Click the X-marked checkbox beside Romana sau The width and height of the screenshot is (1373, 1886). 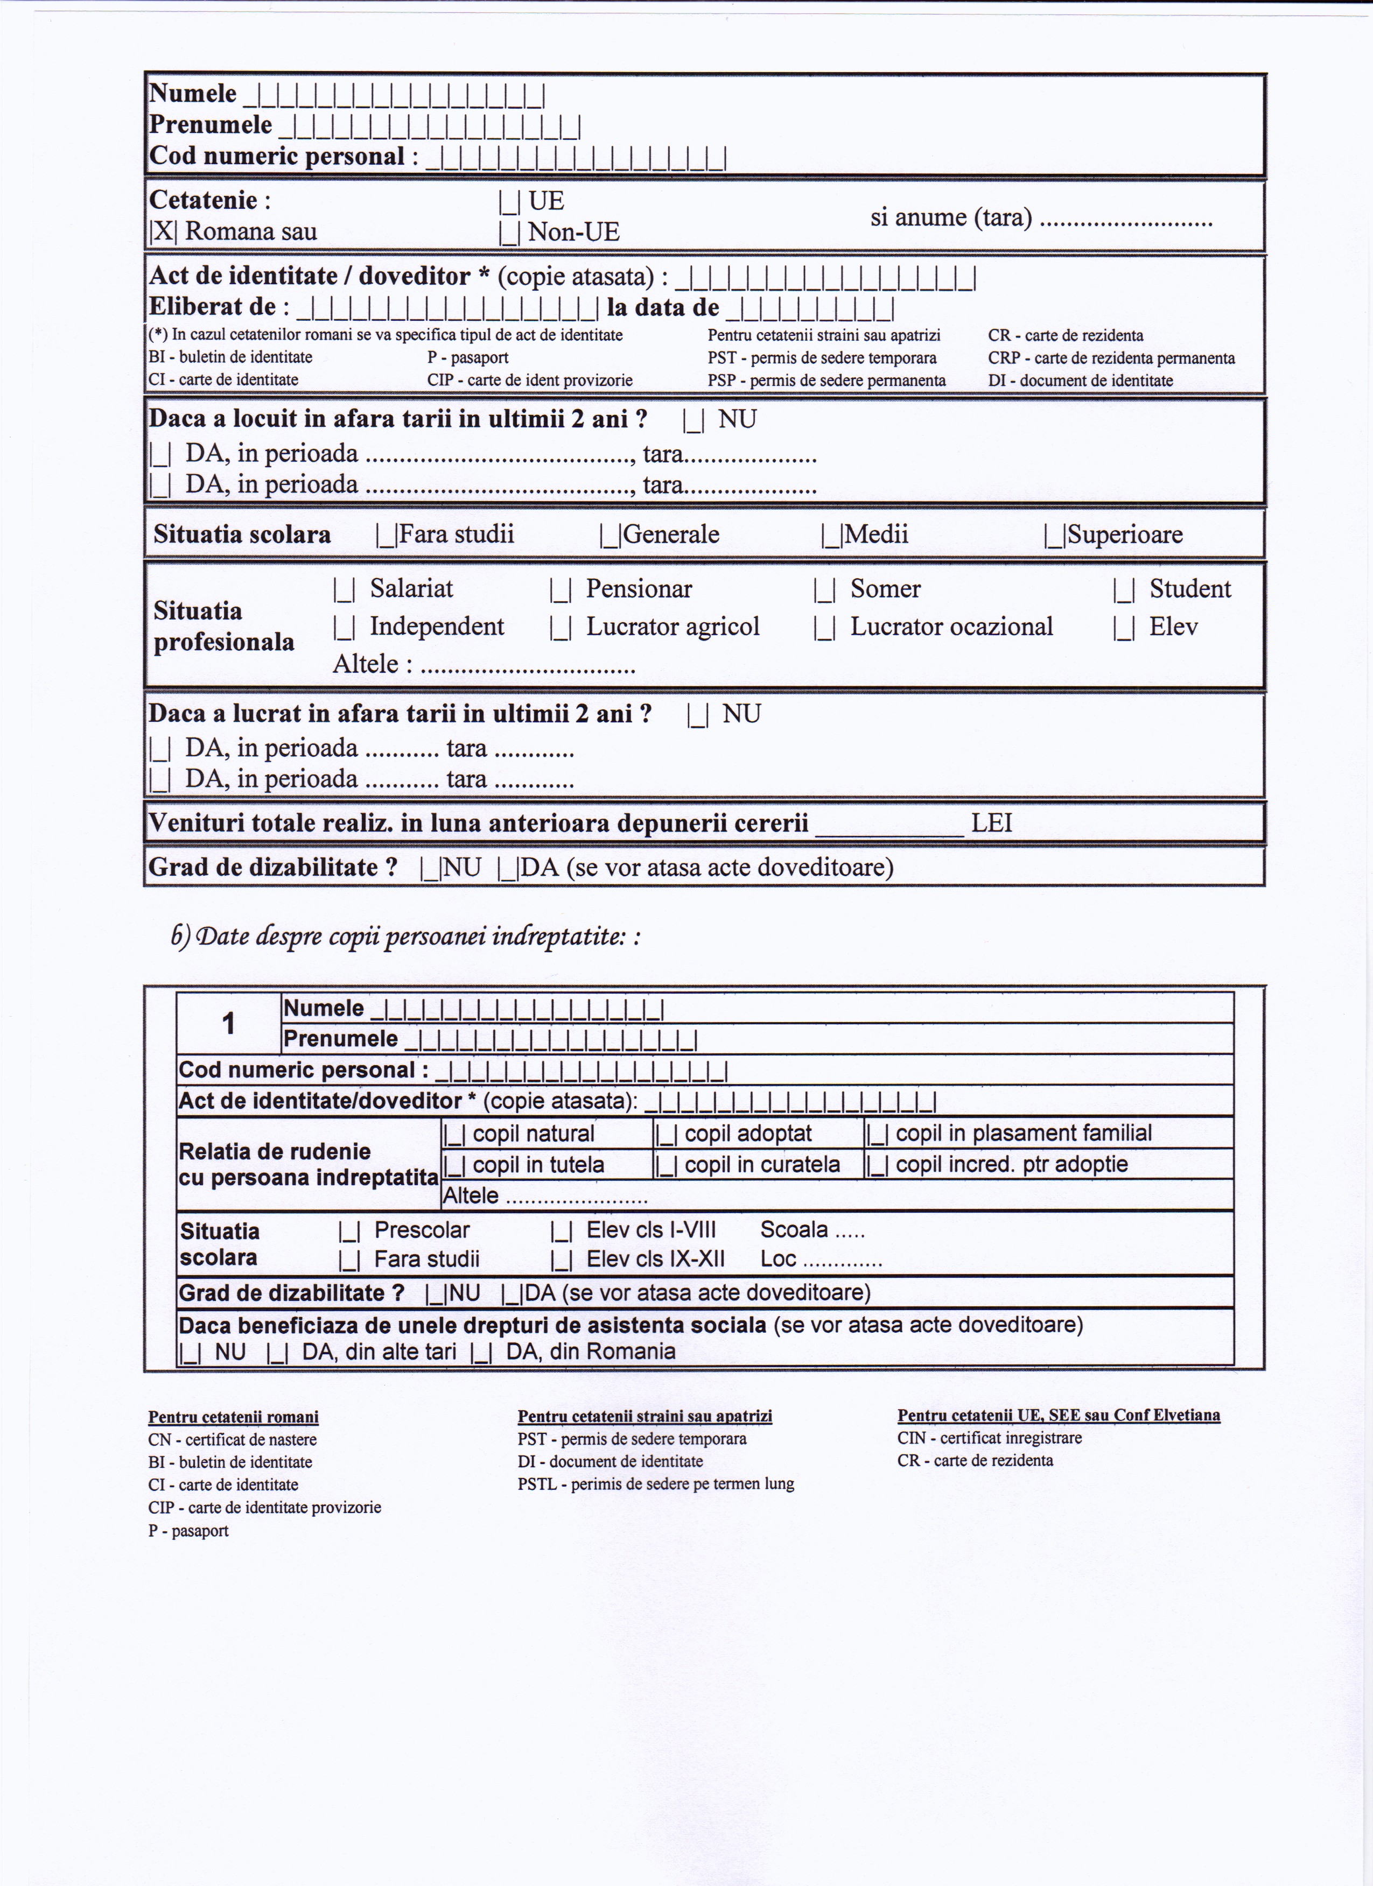coord(163,231)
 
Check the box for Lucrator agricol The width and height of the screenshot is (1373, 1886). coord(559,628)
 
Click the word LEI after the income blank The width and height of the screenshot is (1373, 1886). coord(991,824)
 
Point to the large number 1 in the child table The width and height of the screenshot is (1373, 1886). coord(229,1024)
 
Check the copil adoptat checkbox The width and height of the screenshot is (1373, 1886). coord(666,1134)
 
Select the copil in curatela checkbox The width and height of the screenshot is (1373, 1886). coord(666,1166)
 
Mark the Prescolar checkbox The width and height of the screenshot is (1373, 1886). coord(349,1231)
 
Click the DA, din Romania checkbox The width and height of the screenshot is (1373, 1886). coord(481,1353)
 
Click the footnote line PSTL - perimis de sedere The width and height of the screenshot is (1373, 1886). coord(655,1483)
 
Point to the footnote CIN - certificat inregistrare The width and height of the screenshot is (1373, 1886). coord(989,1438)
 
